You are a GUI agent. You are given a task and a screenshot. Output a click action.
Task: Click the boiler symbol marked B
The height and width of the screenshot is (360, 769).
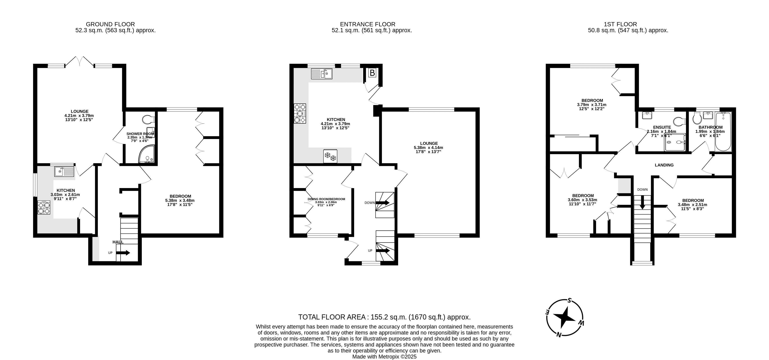click(372, 73)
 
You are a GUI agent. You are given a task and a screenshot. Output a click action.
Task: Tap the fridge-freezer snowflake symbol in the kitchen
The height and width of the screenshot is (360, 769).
click(330, 156)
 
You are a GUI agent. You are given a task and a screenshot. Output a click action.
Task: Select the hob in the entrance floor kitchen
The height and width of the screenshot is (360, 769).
click(300, 113)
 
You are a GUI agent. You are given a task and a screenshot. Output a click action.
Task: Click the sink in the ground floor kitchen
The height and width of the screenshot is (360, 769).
click(64, 172)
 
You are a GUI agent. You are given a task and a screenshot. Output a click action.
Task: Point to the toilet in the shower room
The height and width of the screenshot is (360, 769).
click(148, 119)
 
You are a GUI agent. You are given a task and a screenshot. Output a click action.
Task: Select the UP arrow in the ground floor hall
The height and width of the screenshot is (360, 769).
click(123, 253)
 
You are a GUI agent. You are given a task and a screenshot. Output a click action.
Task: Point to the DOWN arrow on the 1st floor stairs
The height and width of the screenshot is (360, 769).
click(642, 202)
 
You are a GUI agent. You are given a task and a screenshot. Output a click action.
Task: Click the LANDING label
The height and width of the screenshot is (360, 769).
click(664, 165)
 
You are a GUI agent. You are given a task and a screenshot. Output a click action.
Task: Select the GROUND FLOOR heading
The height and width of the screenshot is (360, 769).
click(110, 24)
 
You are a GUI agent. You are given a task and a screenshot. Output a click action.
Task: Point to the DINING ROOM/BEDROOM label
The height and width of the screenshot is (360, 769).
click(326, 199)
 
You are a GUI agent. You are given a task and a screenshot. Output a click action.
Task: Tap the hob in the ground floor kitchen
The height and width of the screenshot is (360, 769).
click(44, 207)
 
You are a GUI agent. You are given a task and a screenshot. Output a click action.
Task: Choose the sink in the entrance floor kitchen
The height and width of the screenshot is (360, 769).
click(321, 73)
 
